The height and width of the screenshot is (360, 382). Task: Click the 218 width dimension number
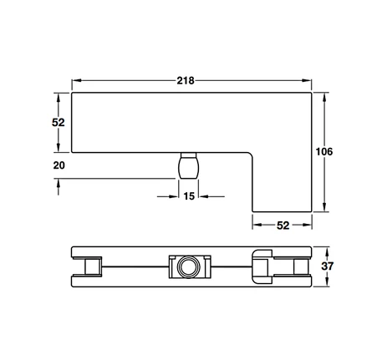[186, 81]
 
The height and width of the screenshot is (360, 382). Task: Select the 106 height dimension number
[324, 152]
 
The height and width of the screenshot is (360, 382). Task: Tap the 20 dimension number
[59, 165]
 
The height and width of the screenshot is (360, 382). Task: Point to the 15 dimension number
[189, 196]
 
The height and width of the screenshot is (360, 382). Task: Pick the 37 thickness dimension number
[327, 266]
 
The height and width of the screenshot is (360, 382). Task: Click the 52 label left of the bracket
[59, 123]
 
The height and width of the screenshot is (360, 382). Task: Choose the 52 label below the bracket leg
[283, 226]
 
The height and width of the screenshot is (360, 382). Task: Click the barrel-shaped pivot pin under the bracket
[189, 165]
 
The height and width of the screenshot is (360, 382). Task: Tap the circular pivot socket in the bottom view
[189, 266]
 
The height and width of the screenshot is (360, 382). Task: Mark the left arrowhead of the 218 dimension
[76, 80]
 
